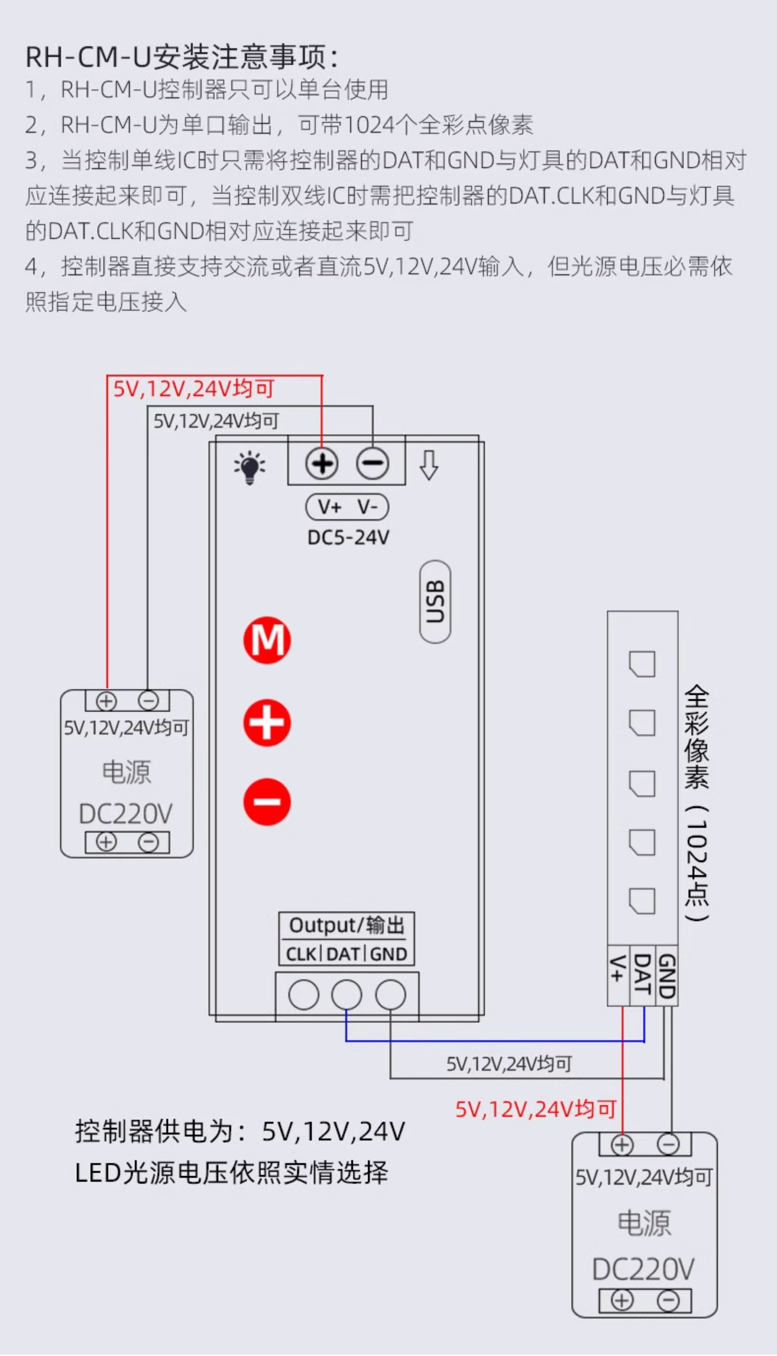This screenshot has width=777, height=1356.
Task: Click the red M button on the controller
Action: click(x=267, y=640)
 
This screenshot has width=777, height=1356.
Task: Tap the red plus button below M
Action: click(x=267, y=722)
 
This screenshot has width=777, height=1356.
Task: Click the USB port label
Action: click(x=435, y=602)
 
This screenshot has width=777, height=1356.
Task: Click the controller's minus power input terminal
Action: click(x=373, y=463)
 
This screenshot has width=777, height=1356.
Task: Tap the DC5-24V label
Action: click(x=348, y=537)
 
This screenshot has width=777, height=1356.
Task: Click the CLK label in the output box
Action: click(x=301, y=954)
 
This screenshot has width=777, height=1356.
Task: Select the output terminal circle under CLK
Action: click(x=303, y=995)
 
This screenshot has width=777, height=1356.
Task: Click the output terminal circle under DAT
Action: click(x=346, y=995)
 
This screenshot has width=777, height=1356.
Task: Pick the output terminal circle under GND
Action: click(x=390, y=995)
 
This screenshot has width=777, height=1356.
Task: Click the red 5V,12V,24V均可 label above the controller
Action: click(x=194, y=389)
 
